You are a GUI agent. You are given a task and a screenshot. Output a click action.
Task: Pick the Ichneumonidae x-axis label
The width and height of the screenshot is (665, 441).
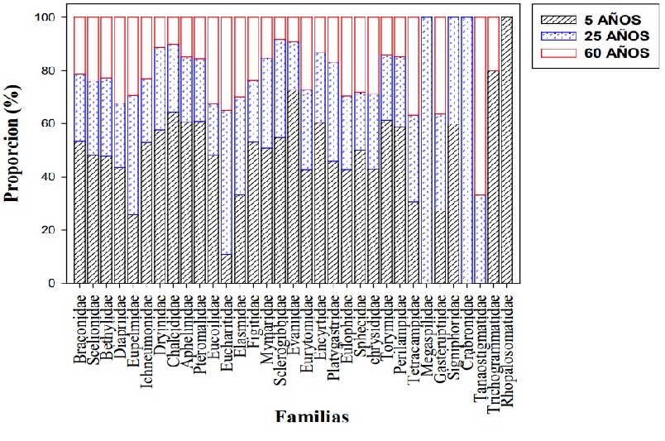point(146,335)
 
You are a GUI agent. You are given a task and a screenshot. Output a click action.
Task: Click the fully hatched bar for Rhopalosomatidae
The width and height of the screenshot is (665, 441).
point(506,150)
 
